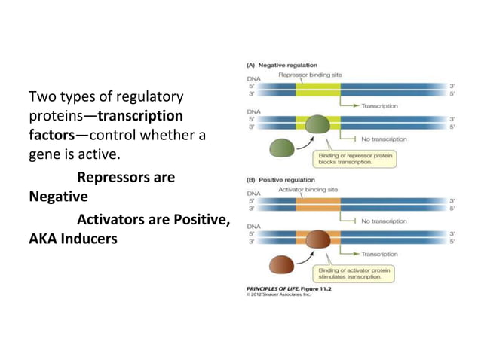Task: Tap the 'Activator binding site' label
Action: [x=308, y=190]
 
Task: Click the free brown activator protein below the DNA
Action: [x=282, y=264]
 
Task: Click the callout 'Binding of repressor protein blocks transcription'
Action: [x=352, y=159]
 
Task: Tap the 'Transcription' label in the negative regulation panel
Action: [x=379, y=106]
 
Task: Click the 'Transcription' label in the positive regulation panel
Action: [x=379, y=255]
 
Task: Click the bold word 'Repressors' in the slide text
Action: [x=117, y=178]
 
